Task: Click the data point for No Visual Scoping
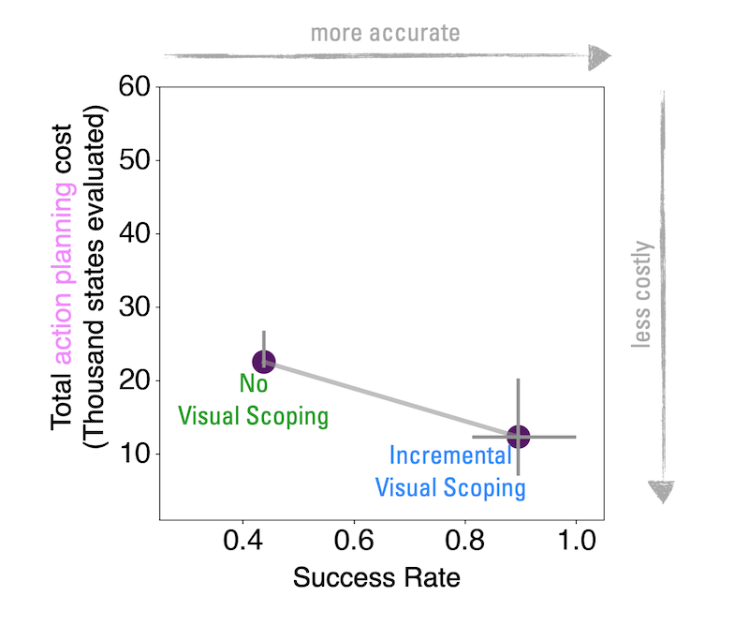pos(264,362)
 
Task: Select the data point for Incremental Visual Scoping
pos(518,437)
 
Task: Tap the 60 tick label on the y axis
pos(136,87)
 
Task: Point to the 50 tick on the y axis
pos(136,160)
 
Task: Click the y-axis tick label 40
pos(136,233)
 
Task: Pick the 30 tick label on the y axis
pos(136,307)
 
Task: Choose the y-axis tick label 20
pos(136,380)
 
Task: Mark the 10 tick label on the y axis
pos(136,454)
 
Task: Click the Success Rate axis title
pos(376,578)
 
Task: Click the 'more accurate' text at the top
pos(385,33)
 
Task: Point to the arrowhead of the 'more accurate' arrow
pos(599,57)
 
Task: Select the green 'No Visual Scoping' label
pos(253,400)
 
